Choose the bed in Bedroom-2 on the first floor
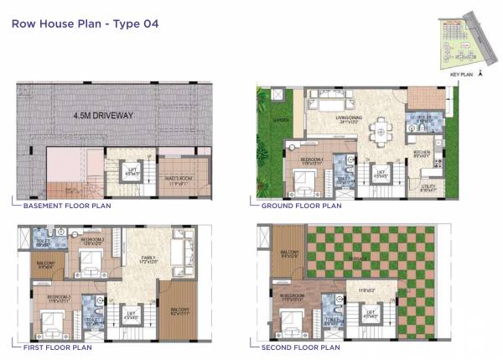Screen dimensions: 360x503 pos(87,264)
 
